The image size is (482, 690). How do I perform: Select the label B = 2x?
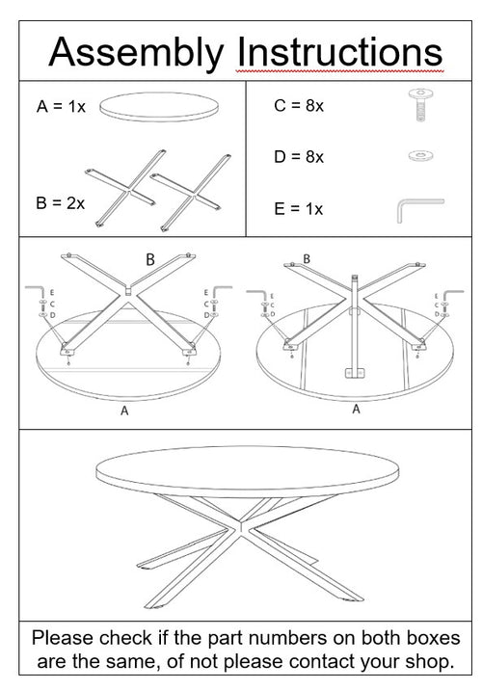pyautogui.click(x=61, y=203)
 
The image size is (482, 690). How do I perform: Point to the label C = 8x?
pyautogui.click(x=298, y=106)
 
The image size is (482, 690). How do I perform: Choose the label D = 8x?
pyautogui.click(x=298, y=156)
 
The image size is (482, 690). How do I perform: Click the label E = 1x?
pyautogui.click(x=298, y=208)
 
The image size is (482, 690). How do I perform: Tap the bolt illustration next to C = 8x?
pyautogui.click(x=419, y=104)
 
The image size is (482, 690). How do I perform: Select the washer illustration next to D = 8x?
pyautogui.click(x=419, y=156)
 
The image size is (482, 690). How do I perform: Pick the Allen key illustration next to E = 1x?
pyautogui.click(x=416, y=209)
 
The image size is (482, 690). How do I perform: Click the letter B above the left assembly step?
pyautogui.click(x=149, y=259)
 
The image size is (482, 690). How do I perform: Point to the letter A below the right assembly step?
pyautogui.click(x=356, y=410)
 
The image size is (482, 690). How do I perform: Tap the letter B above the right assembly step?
pyautogui.click(x=307, y=258)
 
